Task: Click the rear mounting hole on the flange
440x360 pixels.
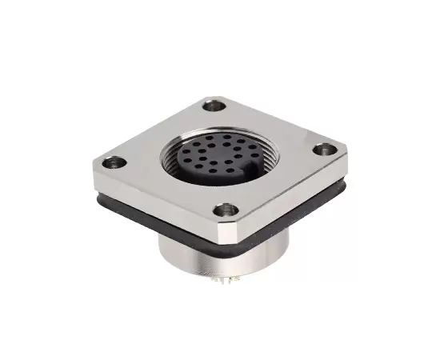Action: [x=212, y=105]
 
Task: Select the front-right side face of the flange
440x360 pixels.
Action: [x=292, y=200]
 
